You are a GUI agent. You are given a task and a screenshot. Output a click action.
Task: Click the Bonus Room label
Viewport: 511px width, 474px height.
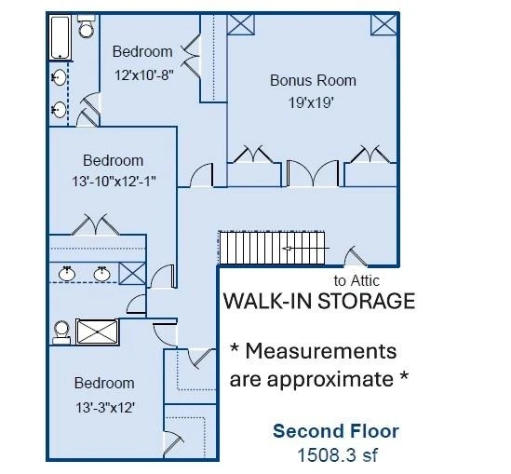point(313,80)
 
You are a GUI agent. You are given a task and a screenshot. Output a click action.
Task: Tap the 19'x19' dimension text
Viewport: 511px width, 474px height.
point(311,102)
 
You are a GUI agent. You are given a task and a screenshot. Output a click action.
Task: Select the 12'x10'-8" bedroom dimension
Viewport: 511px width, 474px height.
point(143,75)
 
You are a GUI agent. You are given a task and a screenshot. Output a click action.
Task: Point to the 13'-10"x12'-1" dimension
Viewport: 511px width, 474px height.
point(114,181)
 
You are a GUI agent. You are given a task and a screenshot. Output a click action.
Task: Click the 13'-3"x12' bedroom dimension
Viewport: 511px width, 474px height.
point(105,408)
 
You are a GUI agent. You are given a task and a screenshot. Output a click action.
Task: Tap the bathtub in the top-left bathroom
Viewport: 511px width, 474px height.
point(61,37)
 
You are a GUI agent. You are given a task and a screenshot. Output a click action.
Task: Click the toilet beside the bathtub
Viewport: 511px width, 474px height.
point(87,26)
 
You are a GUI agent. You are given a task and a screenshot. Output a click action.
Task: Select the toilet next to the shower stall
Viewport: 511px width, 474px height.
point(61,332)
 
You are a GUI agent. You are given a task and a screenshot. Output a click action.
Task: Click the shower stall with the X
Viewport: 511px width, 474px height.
point(98,332)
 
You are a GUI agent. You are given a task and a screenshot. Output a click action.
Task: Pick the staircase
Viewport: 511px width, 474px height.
point(272,248)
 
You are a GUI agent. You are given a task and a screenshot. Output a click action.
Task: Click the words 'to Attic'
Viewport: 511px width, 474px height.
point(356,280)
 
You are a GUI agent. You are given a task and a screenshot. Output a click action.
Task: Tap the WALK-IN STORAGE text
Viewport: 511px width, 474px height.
point(319,301)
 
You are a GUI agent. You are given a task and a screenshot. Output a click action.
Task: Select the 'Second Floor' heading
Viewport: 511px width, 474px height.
point(336,431)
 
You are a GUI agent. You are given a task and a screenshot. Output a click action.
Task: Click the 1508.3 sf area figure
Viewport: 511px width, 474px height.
point(338,454)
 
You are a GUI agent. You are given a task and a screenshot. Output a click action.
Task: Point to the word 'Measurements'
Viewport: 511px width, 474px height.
point(321,351)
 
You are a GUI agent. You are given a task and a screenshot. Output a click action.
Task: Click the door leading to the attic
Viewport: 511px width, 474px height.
point(356,256)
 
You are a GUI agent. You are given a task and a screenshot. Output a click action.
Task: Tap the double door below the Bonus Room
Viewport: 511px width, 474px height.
point(313,173)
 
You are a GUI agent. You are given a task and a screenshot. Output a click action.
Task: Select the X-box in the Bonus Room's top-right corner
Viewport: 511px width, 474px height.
point(383,24)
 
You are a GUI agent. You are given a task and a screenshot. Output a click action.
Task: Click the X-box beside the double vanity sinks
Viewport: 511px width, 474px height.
point(132,273)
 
